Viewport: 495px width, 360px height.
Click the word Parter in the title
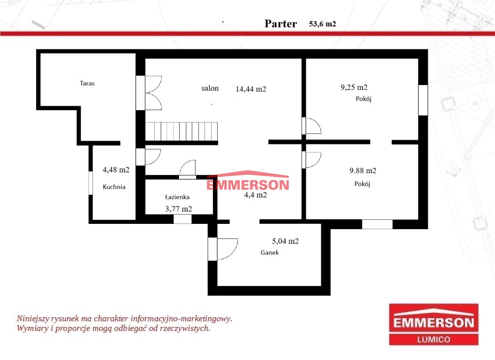(281, 24)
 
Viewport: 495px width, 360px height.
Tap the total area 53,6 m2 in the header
(322, 24)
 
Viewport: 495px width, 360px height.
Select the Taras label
(87, 83)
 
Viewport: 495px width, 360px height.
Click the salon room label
(210, 88)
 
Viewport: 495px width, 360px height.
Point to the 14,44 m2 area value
(251, 89)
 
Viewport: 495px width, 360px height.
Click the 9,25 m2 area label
(354, 87)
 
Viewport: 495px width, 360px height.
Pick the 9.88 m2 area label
(363, 171)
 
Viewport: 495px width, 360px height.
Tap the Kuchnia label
(114, 187)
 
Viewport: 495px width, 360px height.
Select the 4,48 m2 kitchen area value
(116, 170)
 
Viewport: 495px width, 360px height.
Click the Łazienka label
(178, 197)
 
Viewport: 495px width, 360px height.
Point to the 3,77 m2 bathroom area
(179, 209)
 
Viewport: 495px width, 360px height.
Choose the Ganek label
(270, 252)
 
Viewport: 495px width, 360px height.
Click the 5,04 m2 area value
(285, 241)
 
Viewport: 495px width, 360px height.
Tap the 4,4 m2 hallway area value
(255, 195)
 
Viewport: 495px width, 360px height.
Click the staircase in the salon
(182, 132)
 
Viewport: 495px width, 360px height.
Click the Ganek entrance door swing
(227, 249)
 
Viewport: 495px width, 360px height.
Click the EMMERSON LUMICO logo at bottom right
(434, 324)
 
